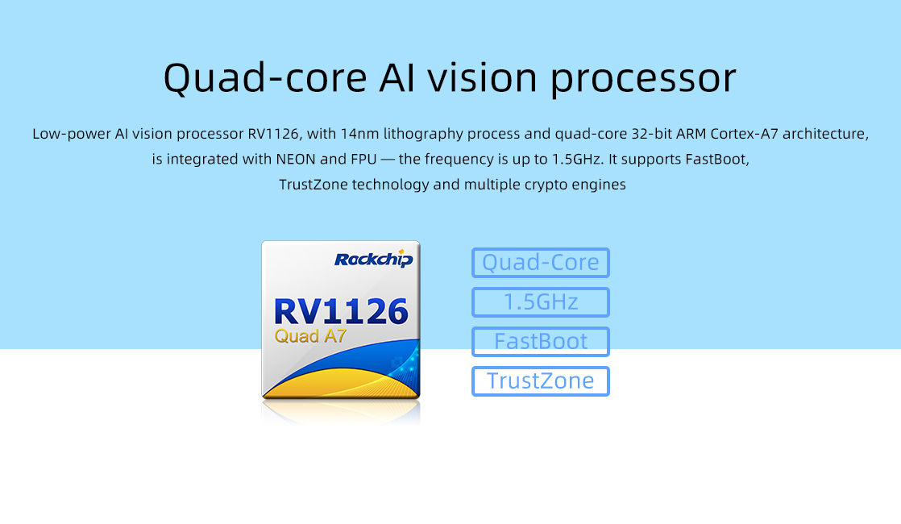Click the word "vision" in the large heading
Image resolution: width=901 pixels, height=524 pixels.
click(x=482, y=78)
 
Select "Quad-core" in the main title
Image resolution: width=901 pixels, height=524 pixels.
click(x=265, y=79)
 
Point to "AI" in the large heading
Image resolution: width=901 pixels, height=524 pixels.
click(x=397, y=78)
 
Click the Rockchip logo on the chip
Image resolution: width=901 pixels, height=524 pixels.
click(x=373, y=259)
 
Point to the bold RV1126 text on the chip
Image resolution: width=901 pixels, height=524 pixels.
click(x=342, y=311)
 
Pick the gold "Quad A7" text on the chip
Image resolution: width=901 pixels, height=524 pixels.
click(x=310, y=335)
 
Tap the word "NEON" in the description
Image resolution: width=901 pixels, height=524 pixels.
click(x=296, y=159)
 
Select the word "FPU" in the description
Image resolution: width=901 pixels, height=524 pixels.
click(x=363, y=159)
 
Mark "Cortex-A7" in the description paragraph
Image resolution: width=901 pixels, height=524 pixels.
click(x=744, y=134)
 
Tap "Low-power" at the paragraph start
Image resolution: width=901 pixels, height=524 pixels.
click(x=71, y=135)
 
